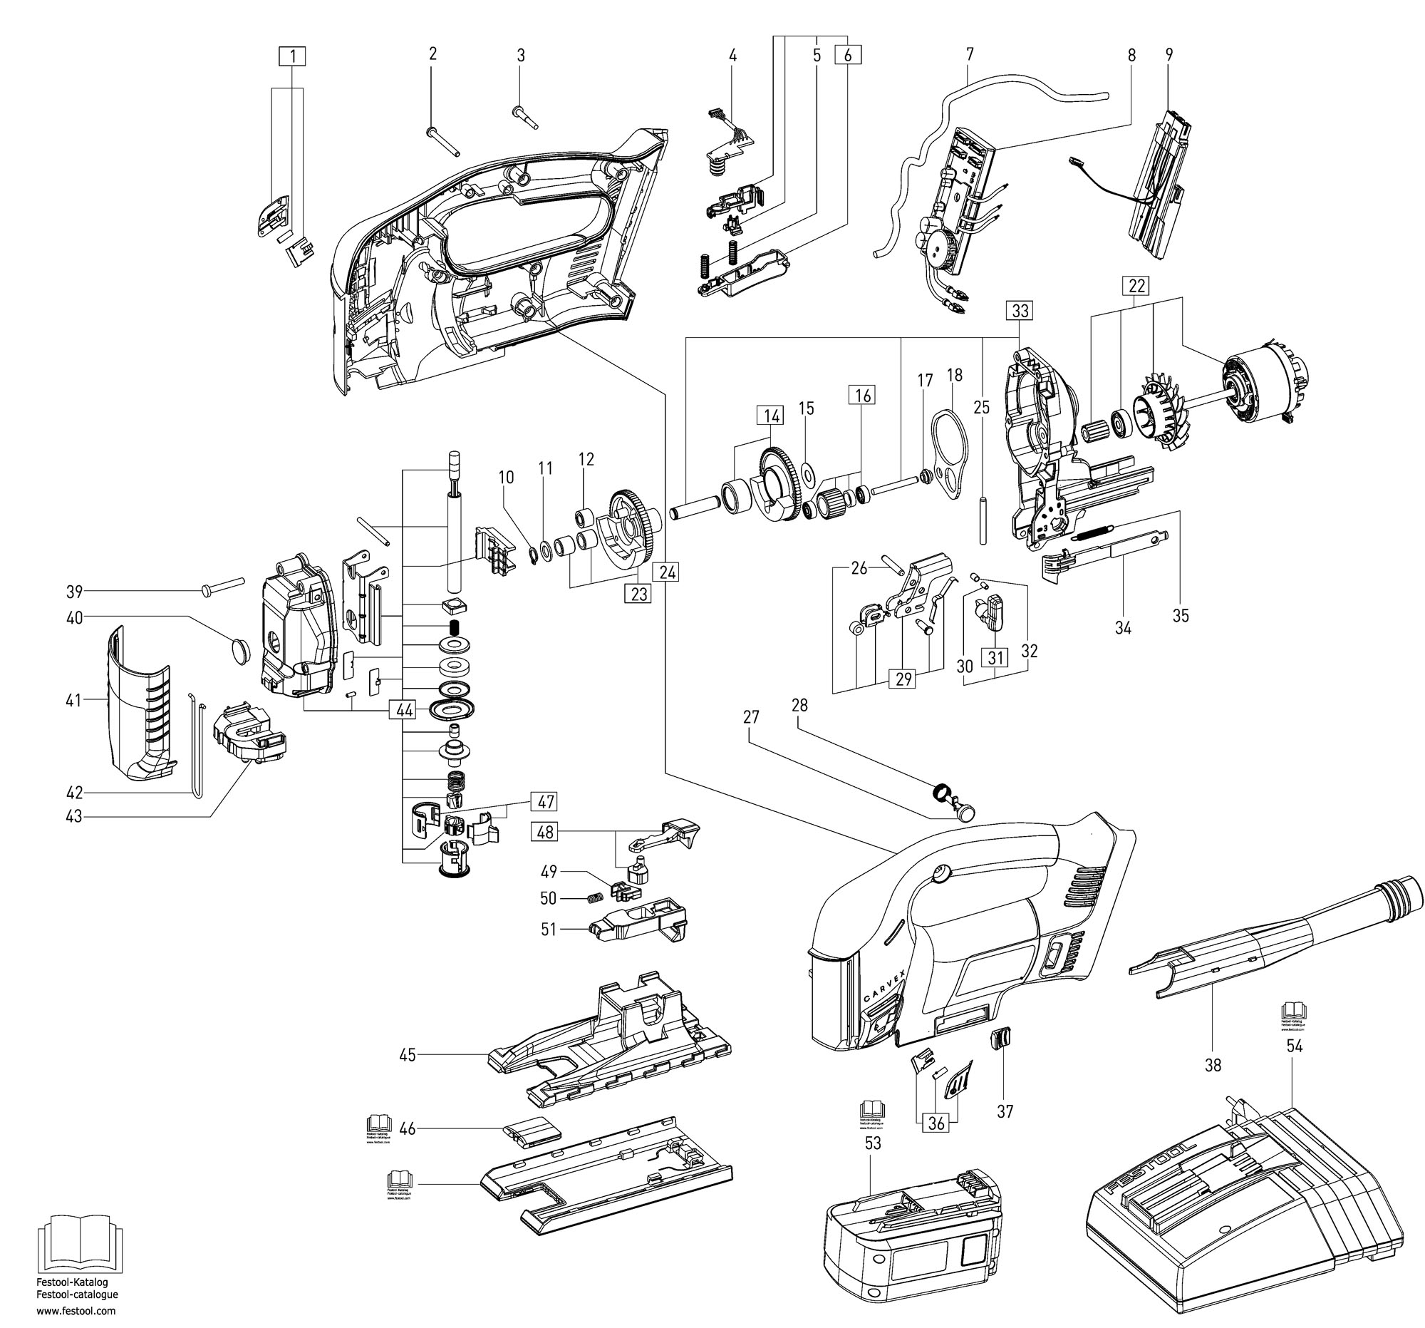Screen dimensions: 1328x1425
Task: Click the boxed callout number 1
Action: point(292,56)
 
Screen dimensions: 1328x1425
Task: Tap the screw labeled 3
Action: point(525,118)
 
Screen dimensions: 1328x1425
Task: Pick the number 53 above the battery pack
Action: point(872,1143)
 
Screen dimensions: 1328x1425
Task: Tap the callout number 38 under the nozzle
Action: point(1212,1066)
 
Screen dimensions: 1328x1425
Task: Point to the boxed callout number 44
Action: point(405,710)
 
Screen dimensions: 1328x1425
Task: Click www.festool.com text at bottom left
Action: point(76,1311)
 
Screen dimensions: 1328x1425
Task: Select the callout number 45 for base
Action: point(407,1055)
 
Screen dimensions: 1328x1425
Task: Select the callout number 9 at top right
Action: point(1168,54)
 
